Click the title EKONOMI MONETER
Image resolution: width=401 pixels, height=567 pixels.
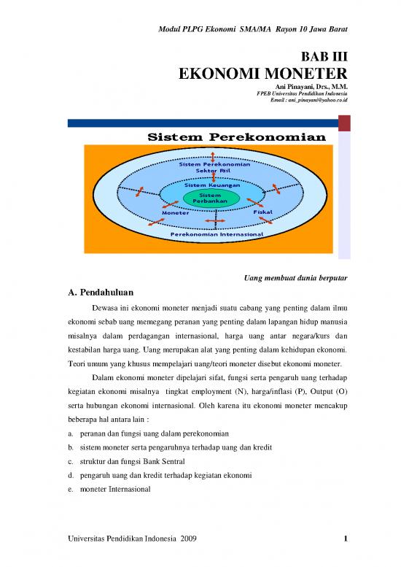pyautogui.click(x=263, y=74)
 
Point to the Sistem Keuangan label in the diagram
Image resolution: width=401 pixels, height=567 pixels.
pyautogui.click(x=211, y=185)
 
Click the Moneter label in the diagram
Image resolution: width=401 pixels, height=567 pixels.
pyautogui.click(x=175, y=213)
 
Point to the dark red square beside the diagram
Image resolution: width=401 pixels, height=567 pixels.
pyautogui.click(x=344, y=123)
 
